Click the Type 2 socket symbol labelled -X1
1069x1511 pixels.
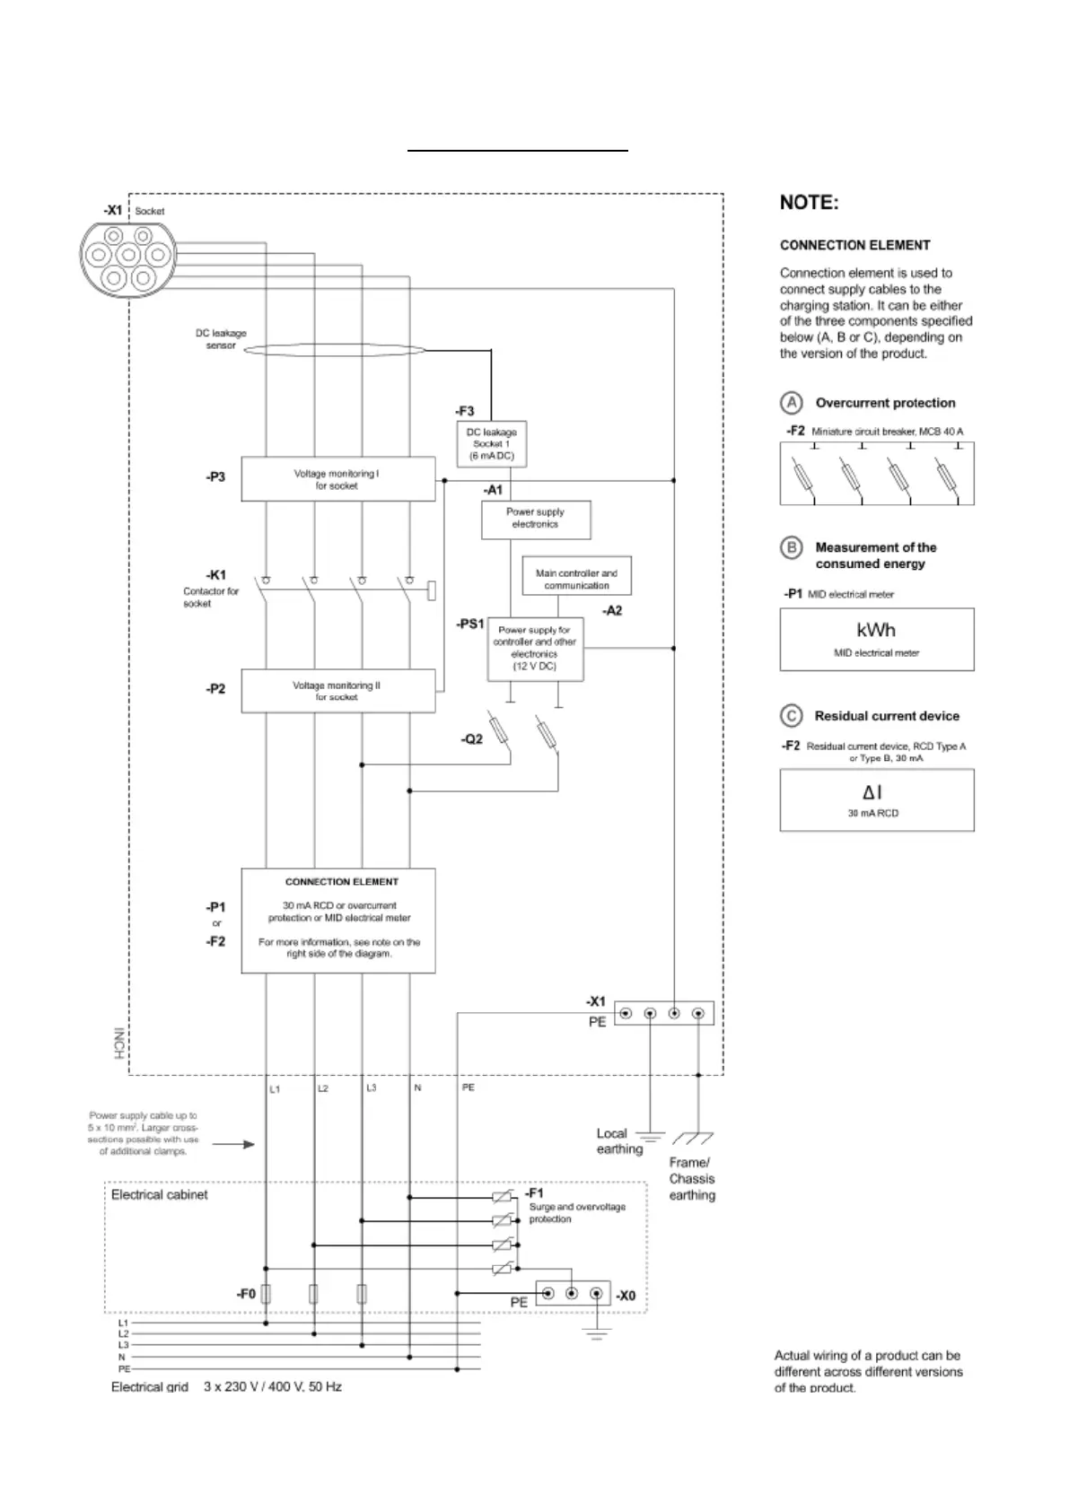[126, 258]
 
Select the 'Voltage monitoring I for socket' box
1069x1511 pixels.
[337, 479]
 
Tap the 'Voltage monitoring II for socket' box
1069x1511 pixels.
[337, 691]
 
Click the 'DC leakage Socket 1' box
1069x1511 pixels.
[491, 444]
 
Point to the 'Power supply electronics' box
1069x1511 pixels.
[536, 520]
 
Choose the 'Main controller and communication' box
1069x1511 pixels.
[576, 579]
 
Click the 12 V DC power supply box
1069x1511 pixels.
[535, 649]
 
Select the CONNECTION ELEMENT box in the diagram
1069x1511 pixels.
[337, 920]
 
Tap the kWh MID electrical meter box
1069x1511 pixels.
[876, 639]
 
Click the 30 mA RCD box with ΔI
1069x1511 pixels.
[876, 799]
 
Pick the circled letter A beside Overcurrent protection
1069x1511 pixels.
[791, 403]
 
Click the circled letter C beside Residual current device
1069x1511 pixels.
[791, 716]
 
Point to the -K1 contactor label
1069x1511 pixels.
[216, 575]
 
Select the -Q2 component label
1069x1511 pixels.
[472, 739]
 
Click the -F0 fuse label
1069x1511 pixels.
[246, 1294]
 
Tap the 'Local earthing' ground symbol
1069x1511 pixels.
[650, 1138]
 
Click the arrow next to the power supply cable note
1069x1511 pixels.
[237, 1144]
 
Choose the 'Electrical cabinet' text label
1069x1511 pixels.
[159, 1195]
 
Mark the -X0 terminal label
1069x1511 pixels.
[626, 1296]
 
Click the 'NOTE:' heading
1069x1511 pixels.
[809, 203]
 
